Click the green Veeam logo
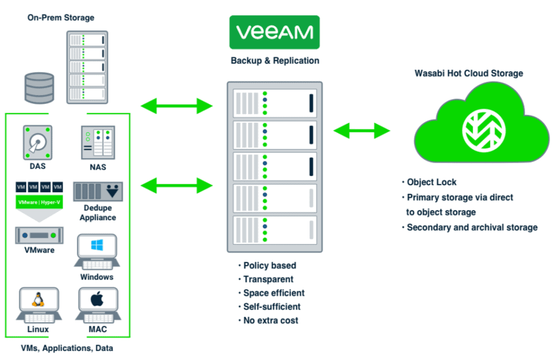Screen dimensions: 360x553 (274, 32)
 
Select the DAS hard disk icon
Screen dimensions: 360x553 (38, 142)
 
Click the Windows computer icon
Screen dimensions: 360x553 (97, 252)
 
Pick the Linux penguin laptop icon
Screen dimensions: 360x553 (38, 305)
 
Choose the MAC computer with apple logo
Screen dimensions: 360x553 (97, 305)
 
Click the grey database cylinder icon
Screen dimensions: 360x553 (39, 88)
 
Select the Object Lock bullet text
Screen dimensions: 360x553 (429, 182)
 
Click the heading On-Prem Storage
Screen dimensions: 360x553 (61, 18)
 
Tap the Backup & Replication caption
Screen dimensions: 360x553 (275, 60)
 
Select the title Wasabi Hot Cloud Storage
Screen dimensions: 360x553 (469, 73)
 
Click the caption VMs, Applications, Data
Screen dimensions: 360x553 (66, 348)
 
